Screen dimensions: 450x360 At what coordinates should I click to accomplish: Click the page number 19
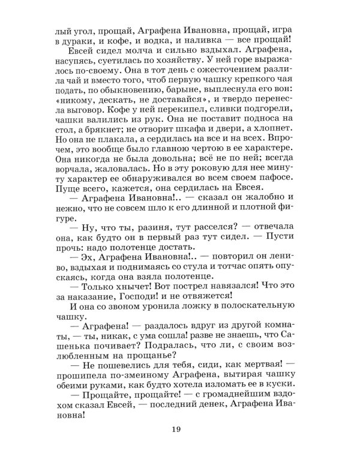click(x=180, y=428)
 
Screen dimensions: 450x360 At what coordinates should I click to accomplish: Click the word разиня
click(x=151, y=254)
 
